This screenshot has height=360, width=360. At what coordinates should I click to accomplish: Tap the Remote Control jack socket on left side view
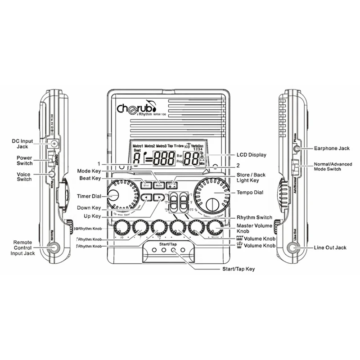(x=54, y=247)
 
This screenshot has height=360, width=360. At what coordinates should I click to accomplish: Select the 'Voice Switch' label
(x=23, y=176)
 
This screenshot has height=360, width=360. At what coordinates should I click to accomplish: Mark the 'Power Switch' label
(x=23, y=161)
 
